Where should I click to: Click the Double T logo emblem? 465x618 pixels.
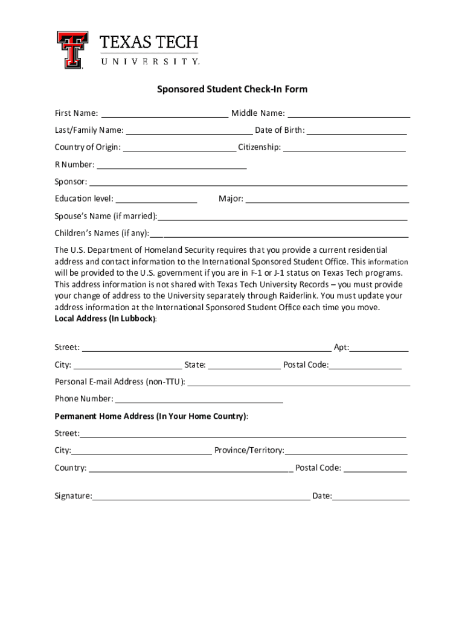pos(72,49)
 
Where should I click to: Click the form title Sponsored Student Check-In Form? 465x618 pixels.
pos(232,89)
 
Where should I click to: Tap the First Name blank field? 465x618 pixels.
pos(164,113)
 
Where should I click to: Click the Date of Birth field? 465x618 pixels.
pos(356,130)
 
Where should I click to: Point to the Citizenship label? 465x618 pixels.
pos(259,147)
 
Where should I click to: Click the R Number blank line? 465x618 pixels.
pos(172,165)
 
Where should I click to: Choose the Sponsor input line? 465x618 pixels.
pos(248,182)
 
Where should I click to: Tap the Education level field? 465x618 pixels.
pos(156,199)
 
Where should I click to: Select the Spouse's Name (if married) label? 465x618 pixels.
pos(106,216)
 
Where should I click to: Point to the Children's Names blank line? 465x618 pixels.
pos(279,234)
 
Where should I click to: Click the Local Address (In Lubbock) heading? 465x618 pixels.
pos(105,319)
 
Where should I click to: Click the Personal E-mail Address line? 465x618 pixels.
pos(298,382)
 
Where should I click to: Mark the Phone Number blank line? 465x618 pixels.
pos(199,399)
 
